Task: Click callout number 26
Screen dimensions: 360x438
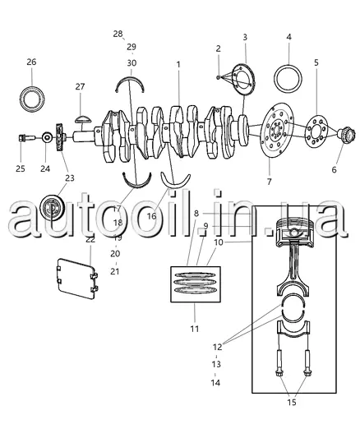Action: point(31,62)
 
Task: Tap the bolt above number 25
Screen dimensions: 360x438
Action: point(26,138)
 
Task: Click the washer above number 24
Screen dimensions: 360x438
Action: point(47,137)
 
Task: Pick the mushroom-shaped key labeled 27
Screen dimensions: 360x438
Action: point(83,119)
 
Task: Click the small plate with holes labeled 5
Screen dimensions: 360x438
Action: point(316,131)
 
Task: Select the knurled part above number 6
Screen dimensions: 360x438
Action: point(346,136)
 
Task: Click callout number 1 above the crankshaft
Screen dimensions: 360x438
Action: point(178,65)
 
